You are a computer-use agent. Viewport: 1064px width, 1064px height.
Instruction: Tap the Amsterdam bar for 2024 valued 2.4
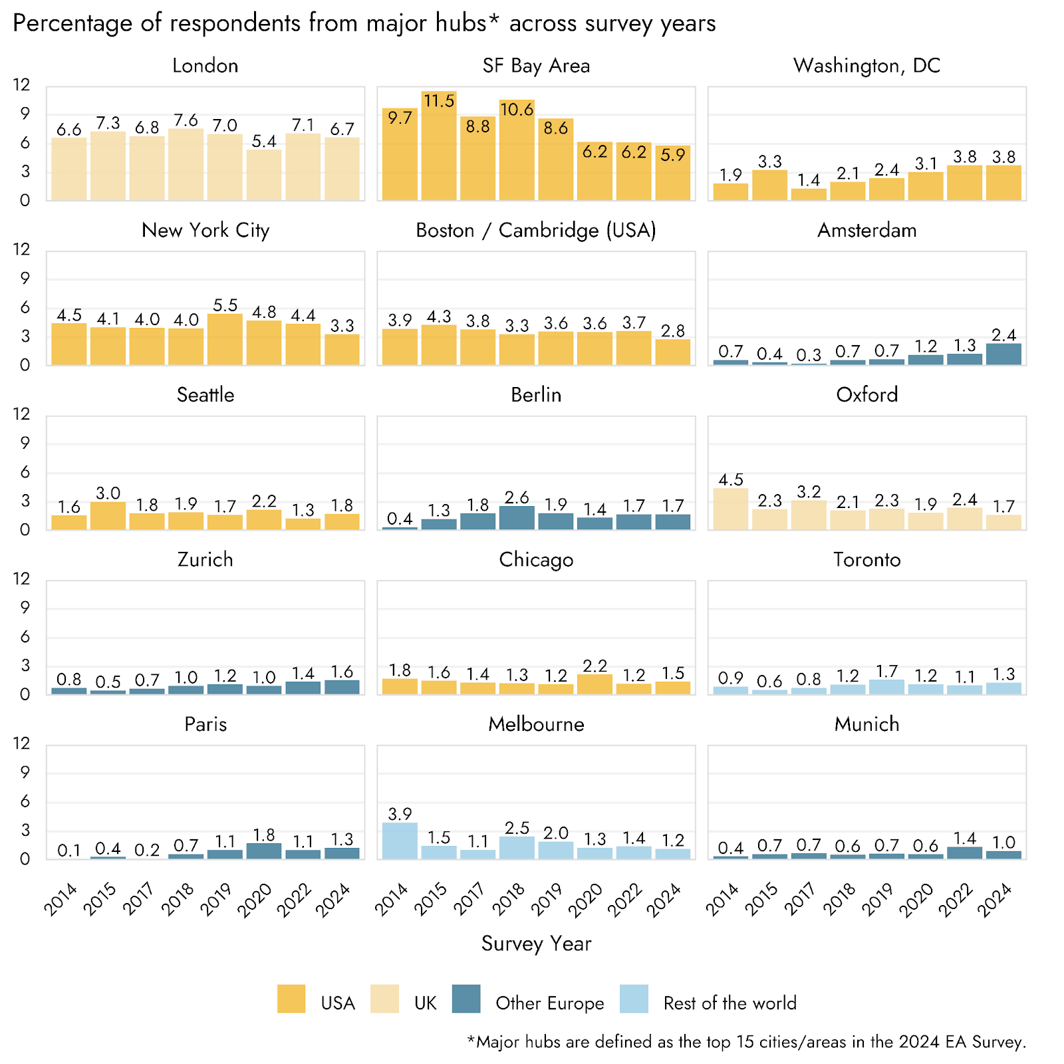[x=1003, y=354]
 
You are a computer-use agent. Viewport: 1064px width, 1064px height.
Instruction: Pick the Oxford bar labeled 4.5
[x=731, y=509]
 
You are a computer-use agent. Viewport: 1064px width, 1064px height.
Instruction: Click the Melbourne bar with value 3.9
[x=400, y=841]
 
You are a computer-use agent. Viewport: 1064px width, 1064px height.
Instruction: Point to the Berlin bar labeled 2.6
[x=517, y=518]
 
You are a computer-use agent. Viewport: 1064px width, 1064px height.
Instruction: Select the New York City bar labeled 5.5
[x=225, y=339]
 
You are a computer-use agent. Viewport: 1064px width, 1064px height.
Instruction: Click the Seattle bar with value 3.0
[x=108, y=516]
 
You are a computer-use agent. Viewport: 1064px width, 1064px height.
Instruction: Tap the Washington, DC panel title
[x=866, y=66]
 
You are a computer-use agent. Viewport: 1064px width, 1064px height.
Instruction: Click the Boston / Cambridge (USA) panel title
[x=536, y=230]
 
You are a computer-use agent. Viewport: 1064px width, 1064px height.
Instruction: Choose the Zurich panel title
[x=205, y=559]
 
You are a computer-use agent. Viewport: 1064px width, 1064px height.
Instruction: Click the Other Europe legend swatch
[x=465, y=999]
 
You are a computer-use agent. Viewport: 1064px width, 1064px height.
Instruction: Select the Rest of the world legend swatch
[x=634, y=999]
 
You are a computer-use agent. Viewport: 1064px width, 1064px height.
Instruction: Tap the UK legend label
[x=426, y=1003]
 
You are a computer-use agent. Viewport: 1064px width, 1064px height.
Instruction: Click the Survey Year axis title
[x=536, y=944]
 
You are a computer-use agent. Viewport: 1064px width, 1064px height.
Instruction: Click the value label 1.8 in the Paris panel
[x=264, y=835]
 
